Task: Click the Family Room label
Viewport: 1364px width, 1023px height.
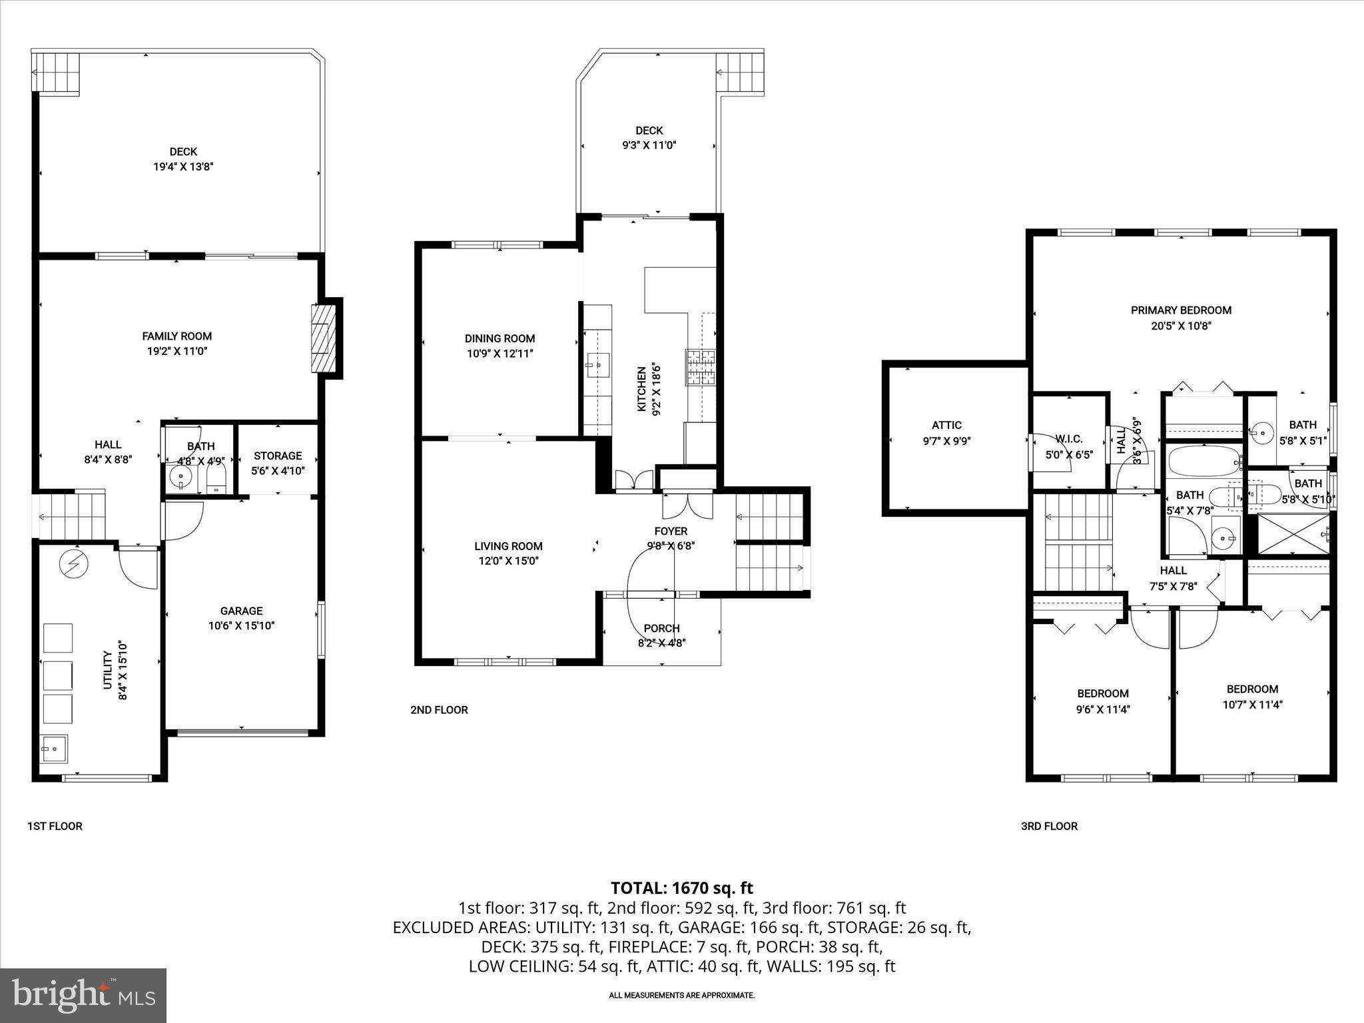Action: click(x=176, y=336)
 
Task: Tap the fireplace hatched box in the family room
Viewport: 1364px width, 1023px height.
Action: click(x=324, y=339)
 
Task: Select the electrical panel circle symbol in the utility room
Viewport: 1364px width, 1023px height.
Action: click(x=73, y=564)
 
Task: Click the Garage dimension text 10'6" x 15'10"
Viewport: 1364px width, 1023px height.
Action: click(x=241, y=626)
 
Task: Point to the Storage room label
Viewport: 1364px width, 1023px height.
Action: click(x=278, y=456)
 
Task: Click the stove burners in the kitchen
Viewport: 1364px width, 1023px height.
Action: click(x=701, y=368)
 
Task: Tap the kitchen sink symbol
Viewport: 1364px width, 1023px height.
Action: click(x=597, y=364)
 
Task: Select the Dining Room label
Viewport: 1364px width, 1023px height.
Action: click(x=500, y=338)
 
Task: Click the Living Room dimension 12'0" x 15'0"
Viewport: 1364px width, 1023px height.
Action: click(x=508, y=561)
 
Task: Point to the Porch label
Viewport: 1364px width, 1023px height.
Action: click(x=661, y=628)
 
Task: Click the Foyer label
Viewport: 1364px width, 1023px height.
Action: click(x=671, y=531)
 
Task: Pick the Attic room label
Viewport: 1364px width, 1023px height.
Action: click(x=946, y=425)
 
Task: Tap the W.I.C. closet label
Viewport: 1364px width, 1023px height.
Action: click(x=1069, y=439)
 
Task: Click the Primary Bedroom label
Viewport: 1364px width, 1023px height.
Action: click(x=1181, y=310)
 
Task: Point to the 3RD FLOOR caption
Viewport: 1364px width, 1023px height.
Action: click(x=1049, y=826)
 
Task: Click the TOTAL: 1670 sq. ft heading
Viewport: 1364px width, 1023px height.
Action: click(x=681, y=888)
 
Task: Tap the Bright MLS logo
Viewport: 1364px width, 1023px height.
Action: click(x=83, y=995)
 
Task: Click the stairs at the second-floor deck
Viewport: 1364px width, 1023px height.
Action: click(x=740, y=73)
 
